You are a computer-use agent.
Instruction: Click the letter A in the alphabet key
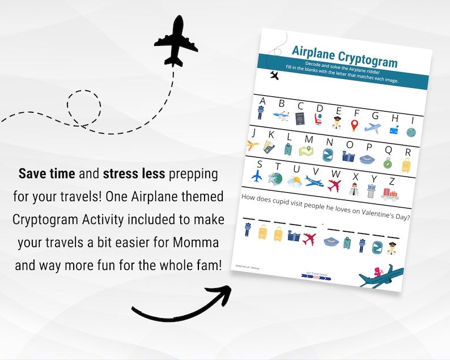click(x=261, y=101)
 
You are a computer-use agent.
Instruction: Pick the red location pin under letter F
click(x=355, y=126)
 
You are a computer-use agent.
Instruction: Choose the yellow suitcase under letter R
click(x=406, y=166)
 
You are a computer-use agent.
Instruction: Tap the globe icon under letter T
click(x=275, y=179)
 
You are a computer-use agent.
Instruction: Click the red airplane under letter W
click(x=335, y=185)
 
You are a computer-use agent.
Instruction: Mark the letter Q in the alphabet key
click(x=388, y=150)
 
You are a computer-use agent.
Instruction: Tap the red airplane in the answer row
click(x=309, y=238)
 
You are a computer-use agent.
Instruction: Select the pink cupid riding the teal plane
click(x=376, y=271)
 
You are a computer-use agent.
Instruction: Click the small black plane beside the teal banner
click(x=275, y=75)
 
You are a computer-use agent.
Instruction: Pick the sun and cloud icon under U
click(x=294, y=181)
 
